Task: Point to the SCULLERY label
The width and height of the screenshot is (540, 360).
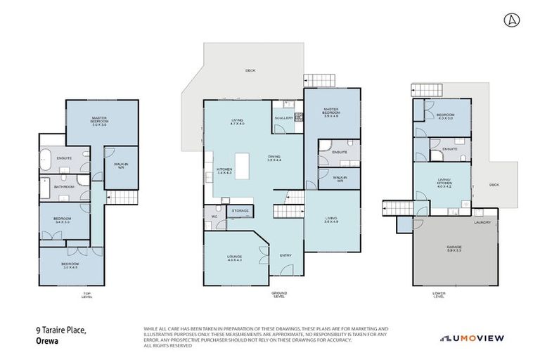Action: [285, 117]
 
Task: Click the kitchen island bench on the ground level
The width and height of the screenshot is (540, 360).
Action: [245, 165]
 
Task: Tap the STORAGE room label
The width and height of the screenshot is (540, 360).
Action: [241, 210]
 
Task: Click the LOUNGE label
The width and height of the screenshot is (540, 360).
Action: [234, 257]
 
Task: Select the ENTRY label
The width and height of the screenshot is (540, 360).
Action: [285, 255]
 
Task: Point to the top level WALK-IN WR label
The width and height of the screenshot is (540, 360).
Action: [119, 166]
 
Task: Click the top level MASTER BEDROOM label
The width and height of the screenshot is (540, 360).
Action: [103, 120]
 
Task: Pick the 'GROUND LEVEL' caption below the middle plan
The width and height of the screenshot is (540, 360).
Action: [280, 296]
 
